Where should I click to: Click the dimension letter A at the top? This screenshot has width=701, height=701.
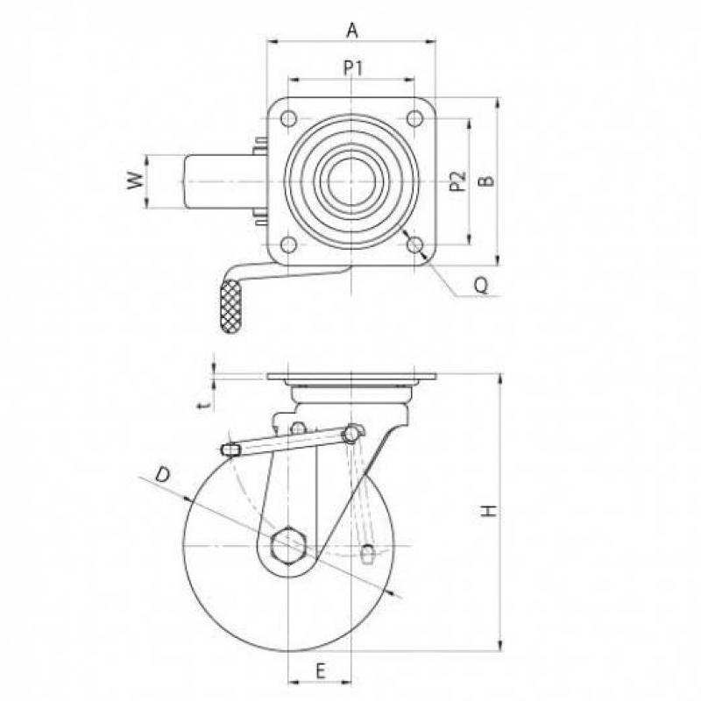(352, 31)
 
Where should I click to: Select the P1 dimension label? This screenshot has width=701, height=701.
(353, 68)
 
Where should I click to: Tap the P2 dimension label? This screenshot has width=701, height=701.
(457, 181)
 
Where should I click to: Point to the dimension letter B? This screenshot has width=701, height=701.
(487, 181)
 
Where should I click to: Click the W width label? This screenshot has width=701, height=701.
(136, 181)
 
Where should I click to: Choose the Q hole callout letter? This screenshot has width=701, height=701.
(481, 285)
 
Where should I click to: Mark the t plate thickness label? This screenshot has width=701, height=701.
(205, 405)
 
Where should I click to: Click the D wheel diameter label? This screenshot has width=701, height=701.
(163, 474)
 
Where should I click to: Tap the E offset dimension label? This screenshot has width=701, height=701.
(320, 671)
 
